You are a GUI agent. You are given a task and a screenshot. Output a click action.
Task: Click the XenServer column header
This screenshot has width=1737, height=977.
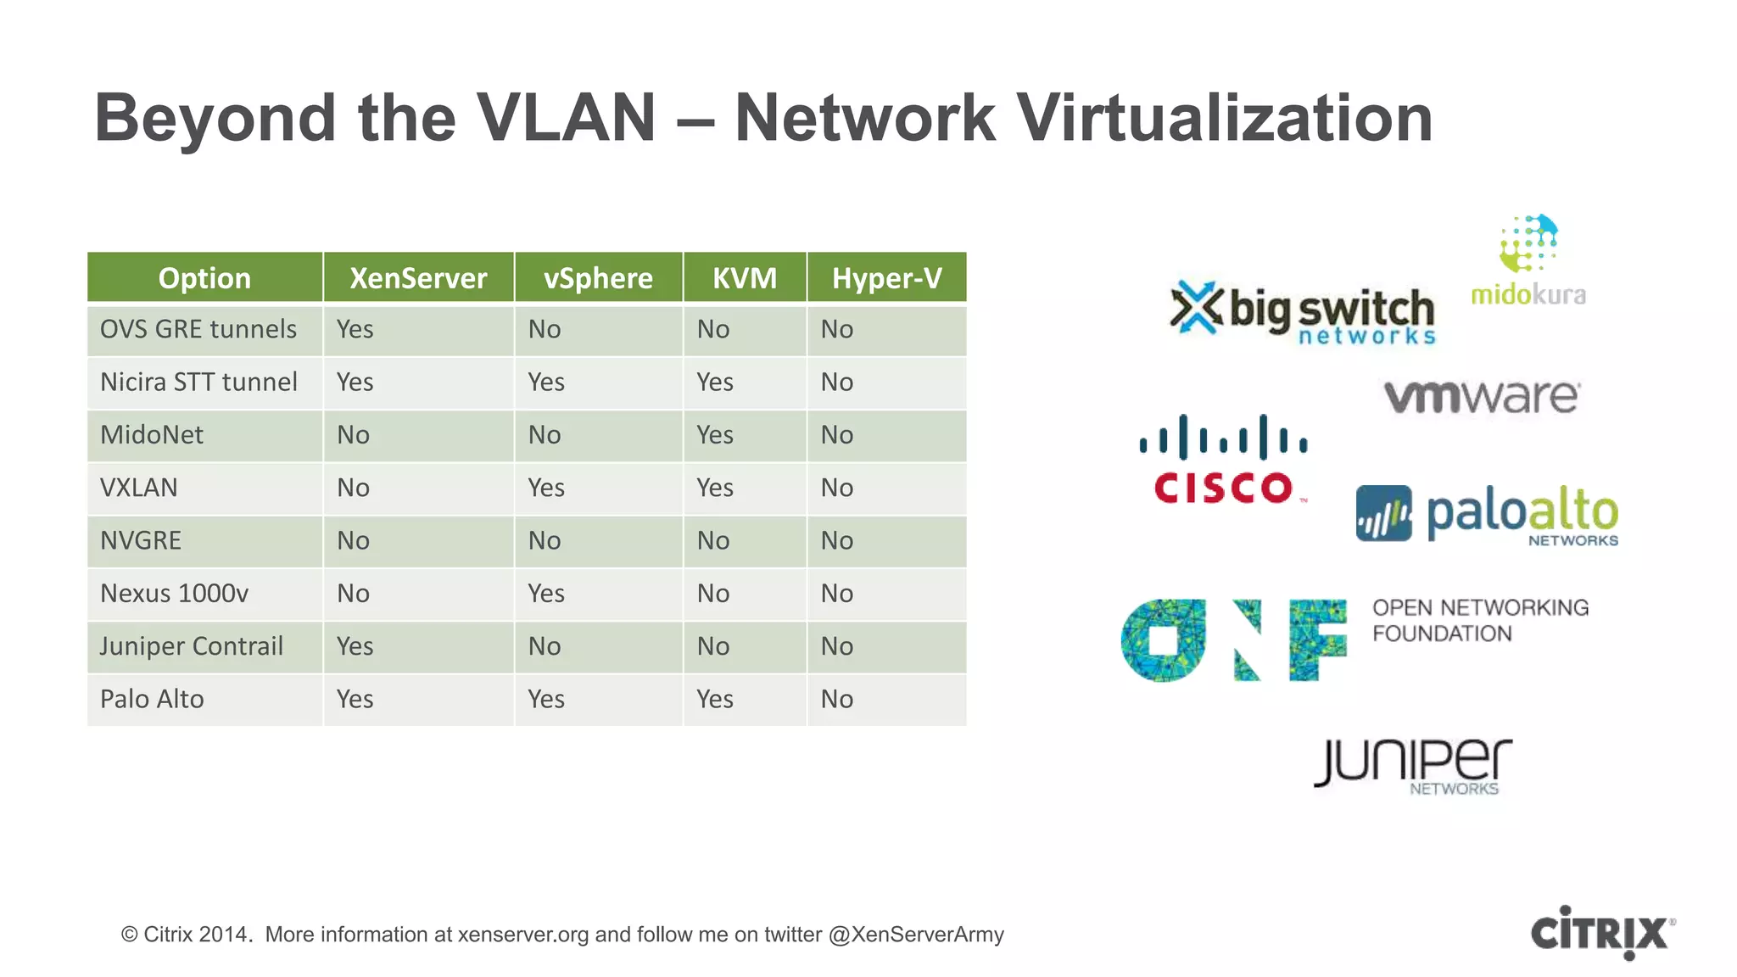click(x=418, y=278)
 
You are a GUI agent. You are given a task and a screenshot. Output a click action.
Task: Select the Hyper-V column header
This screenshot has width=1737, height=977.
click(x=886, y=278)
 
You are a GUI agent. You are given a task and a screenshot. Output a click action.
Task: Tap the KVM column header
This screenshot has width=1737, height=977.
click(x=745, y=278)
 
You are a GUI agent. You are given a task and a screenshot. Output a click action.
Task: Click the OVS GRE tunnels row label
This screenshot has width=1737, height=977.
click(x=198, y=329)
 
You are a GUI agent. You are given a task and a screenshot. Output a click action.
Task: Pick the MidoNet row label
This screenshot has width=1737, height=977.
click(x=152, y=435)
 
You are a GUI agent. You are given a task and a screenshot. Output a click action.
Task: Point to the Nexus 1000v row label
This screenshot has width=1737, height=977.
click(x=174, y=594)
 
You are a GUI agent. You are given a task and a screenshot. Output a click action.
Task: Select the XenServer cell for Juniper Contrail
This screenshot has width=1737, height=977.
click(x=355, y=646)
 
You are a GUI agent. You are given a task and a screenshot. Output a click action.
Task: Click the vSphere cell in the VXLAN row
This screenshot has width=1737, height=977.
click(x=546, y=488)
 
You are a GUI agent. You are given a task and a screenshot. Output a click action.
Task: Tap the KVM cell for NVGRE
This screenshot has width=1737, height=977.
click(x=713, y=540)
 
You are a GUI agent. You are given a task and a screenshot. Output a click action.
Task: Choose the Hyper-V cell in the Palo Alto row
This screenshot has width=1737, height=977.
click(x=837, y=699)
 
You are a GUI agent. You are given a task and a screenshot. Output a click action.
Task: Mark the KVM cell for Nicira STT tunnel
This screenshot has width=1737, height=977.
click(x=715, y=382)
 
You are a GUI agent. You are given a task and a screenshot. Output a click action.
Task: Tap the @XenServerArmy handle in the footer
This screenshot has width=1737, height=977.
click(x=916, y=935)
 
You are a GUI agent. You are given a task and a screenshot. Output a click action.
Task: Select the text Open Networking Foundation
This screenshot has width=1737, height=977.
click(x=1480, y=621)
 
